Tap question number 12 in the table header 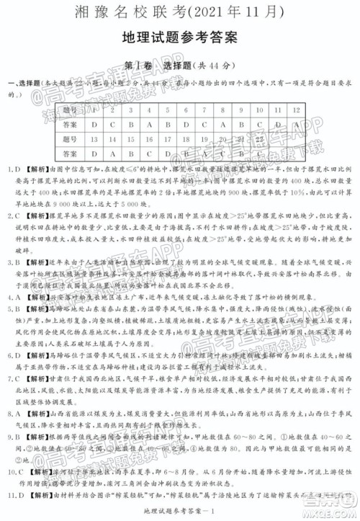click(x=318, y=109)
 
